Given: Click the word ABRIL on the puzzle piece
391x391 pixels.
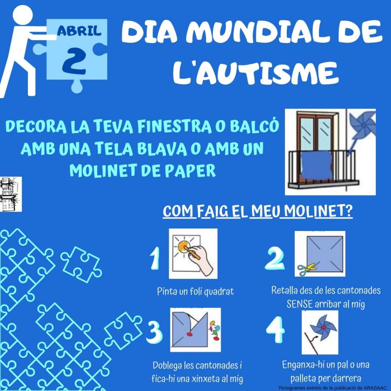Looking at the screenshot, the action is [79, 31].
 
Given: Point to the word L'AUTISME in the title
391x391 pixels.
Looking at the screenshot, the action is [255, 72].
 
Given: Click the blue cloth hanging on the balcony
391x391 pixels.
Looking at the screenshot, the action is [317, 165].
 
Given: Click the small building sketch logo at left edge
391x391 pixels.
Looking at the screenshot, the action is [11, 194].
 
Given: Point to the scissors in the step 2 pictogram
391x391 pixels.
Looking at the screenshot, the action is [307, 269].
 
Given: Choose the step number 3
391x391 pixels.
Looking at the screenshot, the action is [154, 332].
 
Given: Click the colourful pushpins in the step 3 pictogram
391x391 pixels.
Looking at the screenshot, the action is [215, 330].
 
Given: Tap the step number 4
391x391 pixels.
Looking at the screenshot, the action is [275, 329].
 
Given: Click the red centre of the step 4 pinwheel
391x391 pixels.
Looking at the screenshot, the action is [324, 327].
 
